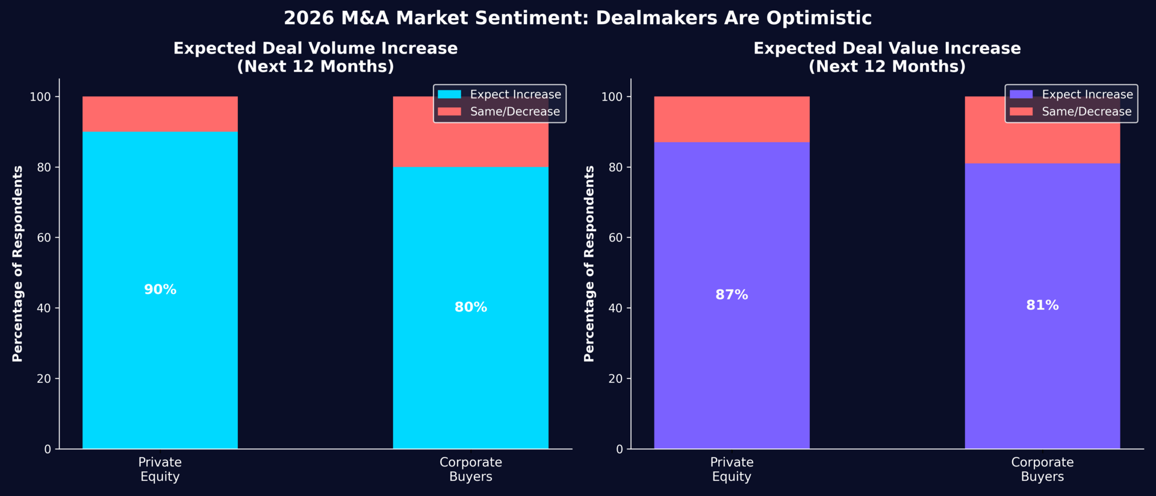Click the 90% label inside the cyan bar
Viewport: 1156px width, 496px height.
tap(160, 290)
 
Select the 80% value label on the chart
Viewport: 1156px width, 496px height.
tap(471, 307)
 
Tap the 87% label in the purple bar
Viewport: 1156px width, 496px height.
tap(732, 295)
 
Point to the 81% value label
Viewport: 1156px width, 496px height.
tap(1042, 306)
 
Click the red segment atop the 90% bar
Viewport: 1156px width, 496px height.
tap(160, 114)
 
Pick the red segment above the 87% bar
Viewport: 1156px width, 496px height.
tap(732, 119)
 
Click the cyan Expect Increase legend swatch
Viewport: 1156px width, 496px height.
tap(449, 95)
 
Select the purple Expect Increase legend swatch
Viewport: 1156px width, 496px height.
tap(1021, 95)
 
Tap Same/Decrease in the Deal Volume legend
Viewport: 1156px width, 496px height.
tap(515, 111)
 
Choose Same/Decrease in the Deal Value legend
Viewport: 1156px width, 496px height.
tap(1086, 111)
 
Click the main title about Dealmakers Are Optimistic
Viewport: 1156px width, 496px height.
tap(577, 18)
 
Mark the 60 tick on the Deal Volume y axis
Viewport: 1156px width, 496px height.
tap(44, 237)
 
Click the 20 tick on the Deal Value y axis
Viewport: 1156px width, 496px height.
tap(615, 378)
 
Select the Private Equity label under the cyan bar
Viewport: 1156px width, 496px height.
tap(160, 469)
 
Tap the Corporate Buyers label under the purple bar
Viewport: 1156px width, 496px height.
tap(1042, 469)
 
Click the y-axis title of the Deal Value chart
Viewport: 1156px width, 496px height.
tap(589, 263)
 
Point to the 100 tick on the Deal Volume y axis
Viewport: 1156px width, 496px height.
tap(40, 97)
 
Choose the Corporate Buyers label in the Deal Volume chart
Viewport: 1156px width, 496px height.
tap(471, 469)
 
